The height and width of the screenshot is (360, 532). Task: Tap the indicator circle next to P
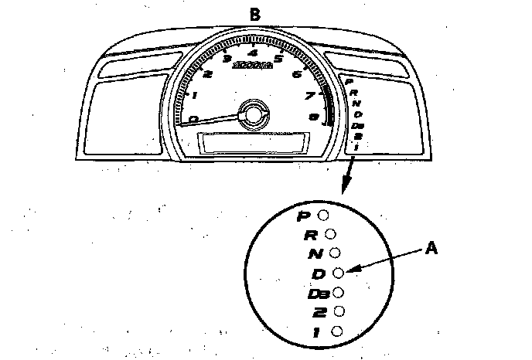323,213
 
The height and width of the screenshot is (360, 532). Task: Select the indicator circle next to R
329,233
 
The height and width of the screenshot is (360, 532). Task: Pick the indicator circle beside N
334,253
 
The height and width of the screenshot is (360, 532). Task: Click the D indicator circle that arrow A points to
337,272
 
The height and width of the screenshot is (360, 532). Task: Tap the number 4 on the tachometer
252,53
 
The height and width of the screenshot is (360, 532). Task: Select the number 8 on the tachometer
314,117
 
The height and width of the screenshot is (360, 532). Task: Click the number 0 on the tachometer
193,118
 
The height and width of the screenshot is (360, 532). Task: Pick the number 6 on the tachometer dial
298,74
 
